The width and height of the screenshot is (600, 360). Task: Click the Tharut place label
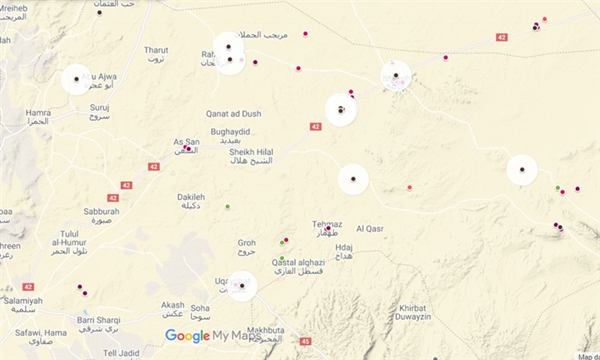tap(156, 54)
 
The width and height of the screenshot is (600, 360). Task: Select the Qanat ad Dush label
tap(233, 113)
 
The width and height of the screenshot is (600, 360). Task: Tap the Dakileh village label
tap(191, 201)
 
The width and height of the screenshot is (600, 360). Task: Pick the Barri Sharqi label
tap(99, 322)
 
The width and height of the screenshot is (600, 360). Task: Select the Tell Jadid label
tap(121, 353)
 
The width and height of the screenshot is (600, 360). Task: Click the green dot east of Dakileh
tap(227, 207)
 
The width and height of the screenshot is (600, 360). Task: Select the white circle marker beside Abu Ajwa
tap(77, 79)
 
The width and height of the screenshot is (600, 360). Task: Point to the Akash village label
tap(172, 308)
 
